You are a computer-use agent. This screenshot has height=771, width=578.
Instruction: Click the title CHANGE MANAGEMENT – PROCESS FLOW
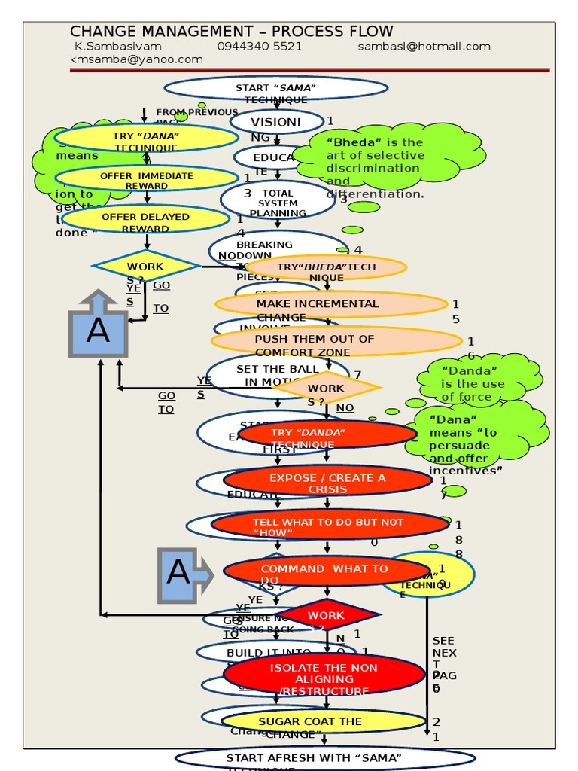(x=231, y=32)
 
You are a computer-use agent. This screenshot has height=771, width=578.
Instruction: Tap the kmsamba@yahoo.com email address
(x=136, y=59)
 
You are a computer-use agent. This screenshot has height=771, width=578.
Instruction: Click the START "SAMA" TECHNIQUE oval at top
(x=275, y=89)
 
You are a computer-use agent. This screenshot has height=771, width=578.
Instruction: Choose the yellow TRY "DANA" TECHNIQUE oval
(x=145, y=138)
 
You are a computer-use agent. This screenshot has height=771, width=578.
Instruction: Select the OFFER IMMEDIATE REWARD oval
(x=146, y=178)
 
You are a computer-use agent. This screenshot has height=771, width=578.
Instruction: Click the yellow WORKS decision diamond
(x=145, y=267)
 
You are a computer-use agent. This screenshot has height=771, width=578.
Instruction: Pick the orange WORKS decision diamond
(x=326, y=389)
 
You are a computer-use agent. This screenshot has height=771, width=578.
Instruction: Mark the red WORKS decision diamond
(x=326, y=616)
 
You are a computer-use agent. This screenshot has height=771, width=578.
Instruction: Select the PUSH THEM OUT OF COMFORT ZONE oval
(x=336, y=341)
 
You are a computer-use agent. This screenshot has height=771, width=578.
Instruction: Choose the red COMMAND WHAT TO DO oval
(x=324, y=571)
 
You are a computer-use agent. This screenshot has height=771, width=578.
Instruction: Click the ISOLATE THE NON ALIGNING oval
(x=324, y=674)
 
